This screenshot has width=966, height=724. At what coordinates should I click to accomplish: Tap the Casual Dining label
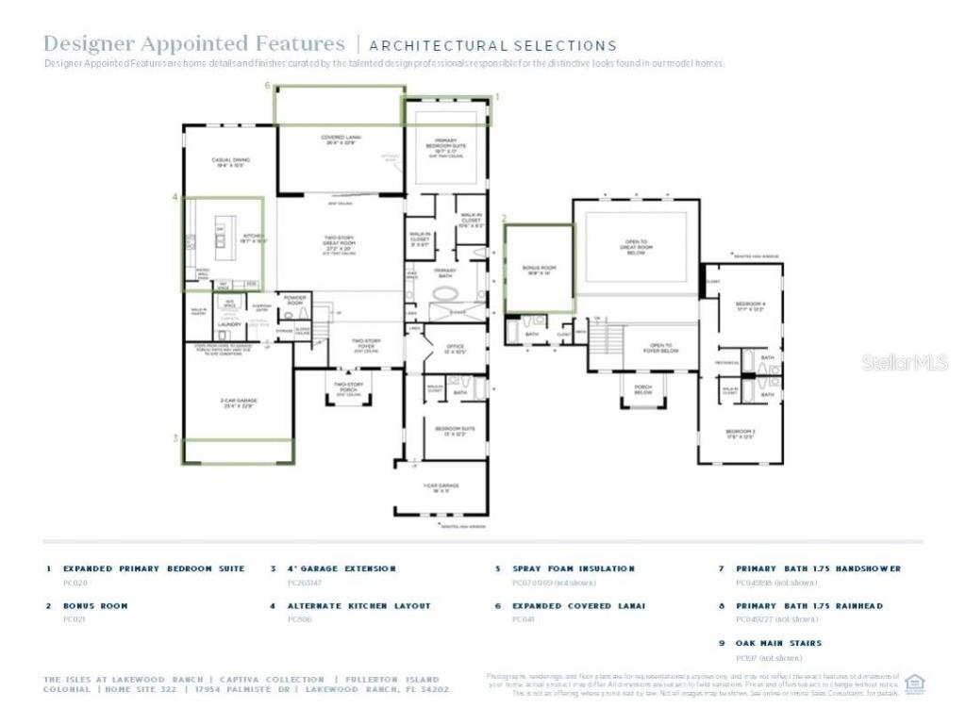[x=230, y=162]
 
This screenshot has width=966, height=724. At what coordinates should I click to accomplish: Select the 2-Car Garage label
[x=239, y=403]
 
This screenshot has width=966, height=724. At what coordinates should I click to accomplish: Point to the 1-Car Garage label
[x=441, y=488]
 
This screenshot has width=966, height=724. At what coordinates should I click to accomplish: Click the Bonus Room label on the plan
[x=539, y=270]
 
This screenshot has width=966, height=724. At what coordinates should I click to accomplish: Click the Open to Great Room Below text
[x=636, y=246]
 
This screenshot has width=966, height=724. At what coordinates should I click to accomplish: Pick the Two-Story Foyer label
[x=365, y=343]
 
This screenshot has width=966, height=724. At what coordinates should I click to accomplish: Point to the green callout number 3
[x=175, y=438]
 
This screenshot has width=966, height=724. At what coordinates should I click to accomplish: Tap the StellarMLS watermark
[x=904, y=362]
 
